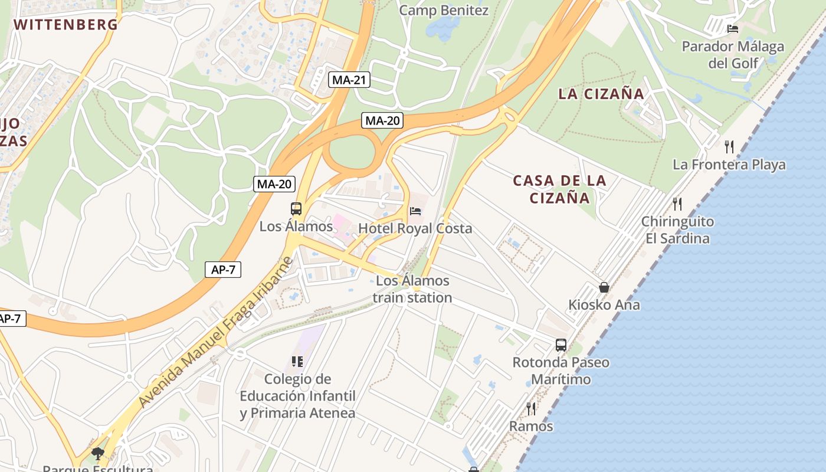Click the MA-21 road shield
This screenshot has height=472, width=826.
click(x=349, y=80)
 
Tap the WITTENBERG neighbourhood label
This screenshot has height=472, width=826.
click(x=65, y=25)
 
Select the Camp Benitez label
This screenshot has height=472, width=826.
click(x=444, y=11)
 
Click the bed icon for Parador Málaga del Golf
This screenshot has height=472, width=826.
click(x=733, y=28)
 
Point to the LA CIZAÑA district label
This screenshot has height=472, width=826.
click(x=601, y=94)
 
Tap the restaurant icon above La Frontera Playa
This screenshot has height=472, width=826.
click(x=729, y=146)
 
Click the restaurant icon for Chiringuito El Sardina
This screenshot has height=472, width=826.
click(x=677, y=204)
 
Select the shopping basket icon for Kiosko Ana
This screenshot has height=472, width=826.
click(x=604, y=287)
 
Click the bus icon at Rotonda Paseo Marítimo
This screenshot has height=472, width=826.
click(x=560, y=345)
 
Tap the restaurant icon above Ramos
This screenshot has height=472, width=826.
click(x=531, y=408)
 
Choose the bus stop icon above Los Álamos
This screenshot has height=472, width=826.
click(x=296, y=209)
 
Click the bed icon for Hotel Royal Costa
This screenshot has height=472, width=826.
click(x=415, y=211)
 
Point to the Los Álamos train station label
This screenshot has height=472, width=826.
click(x=412, y=289)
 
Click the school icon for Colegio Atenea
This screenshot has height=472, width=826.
click(x=297, y=361)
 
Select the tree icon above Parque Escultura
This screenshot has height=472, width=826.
click(x=98, y=453)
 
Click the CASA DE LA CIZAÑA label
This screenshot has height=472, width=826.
click(x=559, y=189)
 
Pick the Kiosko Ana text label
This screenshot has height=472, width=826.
click(x=604, y=305)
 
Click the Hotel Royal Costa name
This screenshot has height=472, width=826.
click(x=415, y=228)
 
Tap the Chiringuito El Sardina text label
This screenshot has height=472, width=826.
click(x=677, y=230)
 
